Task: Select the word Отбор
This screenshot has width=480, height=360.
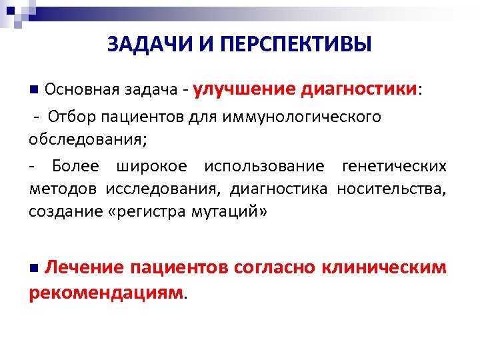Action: (x=73, y=117)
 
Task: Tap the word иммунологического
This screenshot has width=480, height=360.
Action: (x=312, y=118)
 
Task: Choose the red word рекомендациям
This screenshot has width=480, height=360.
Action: (x=106, y=292)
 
